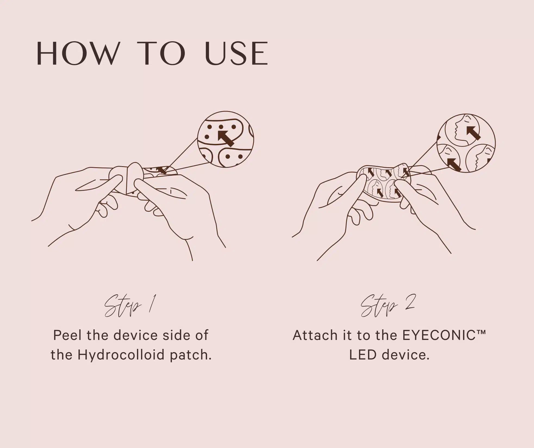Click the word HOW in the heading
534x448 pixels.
click(78, 53)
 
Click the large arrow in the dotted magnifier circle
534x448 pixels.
click(226, 138)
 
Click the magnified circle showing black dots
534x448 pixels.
click(225, 139)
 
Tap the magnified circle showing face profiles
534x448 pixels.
click(466, 143)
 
